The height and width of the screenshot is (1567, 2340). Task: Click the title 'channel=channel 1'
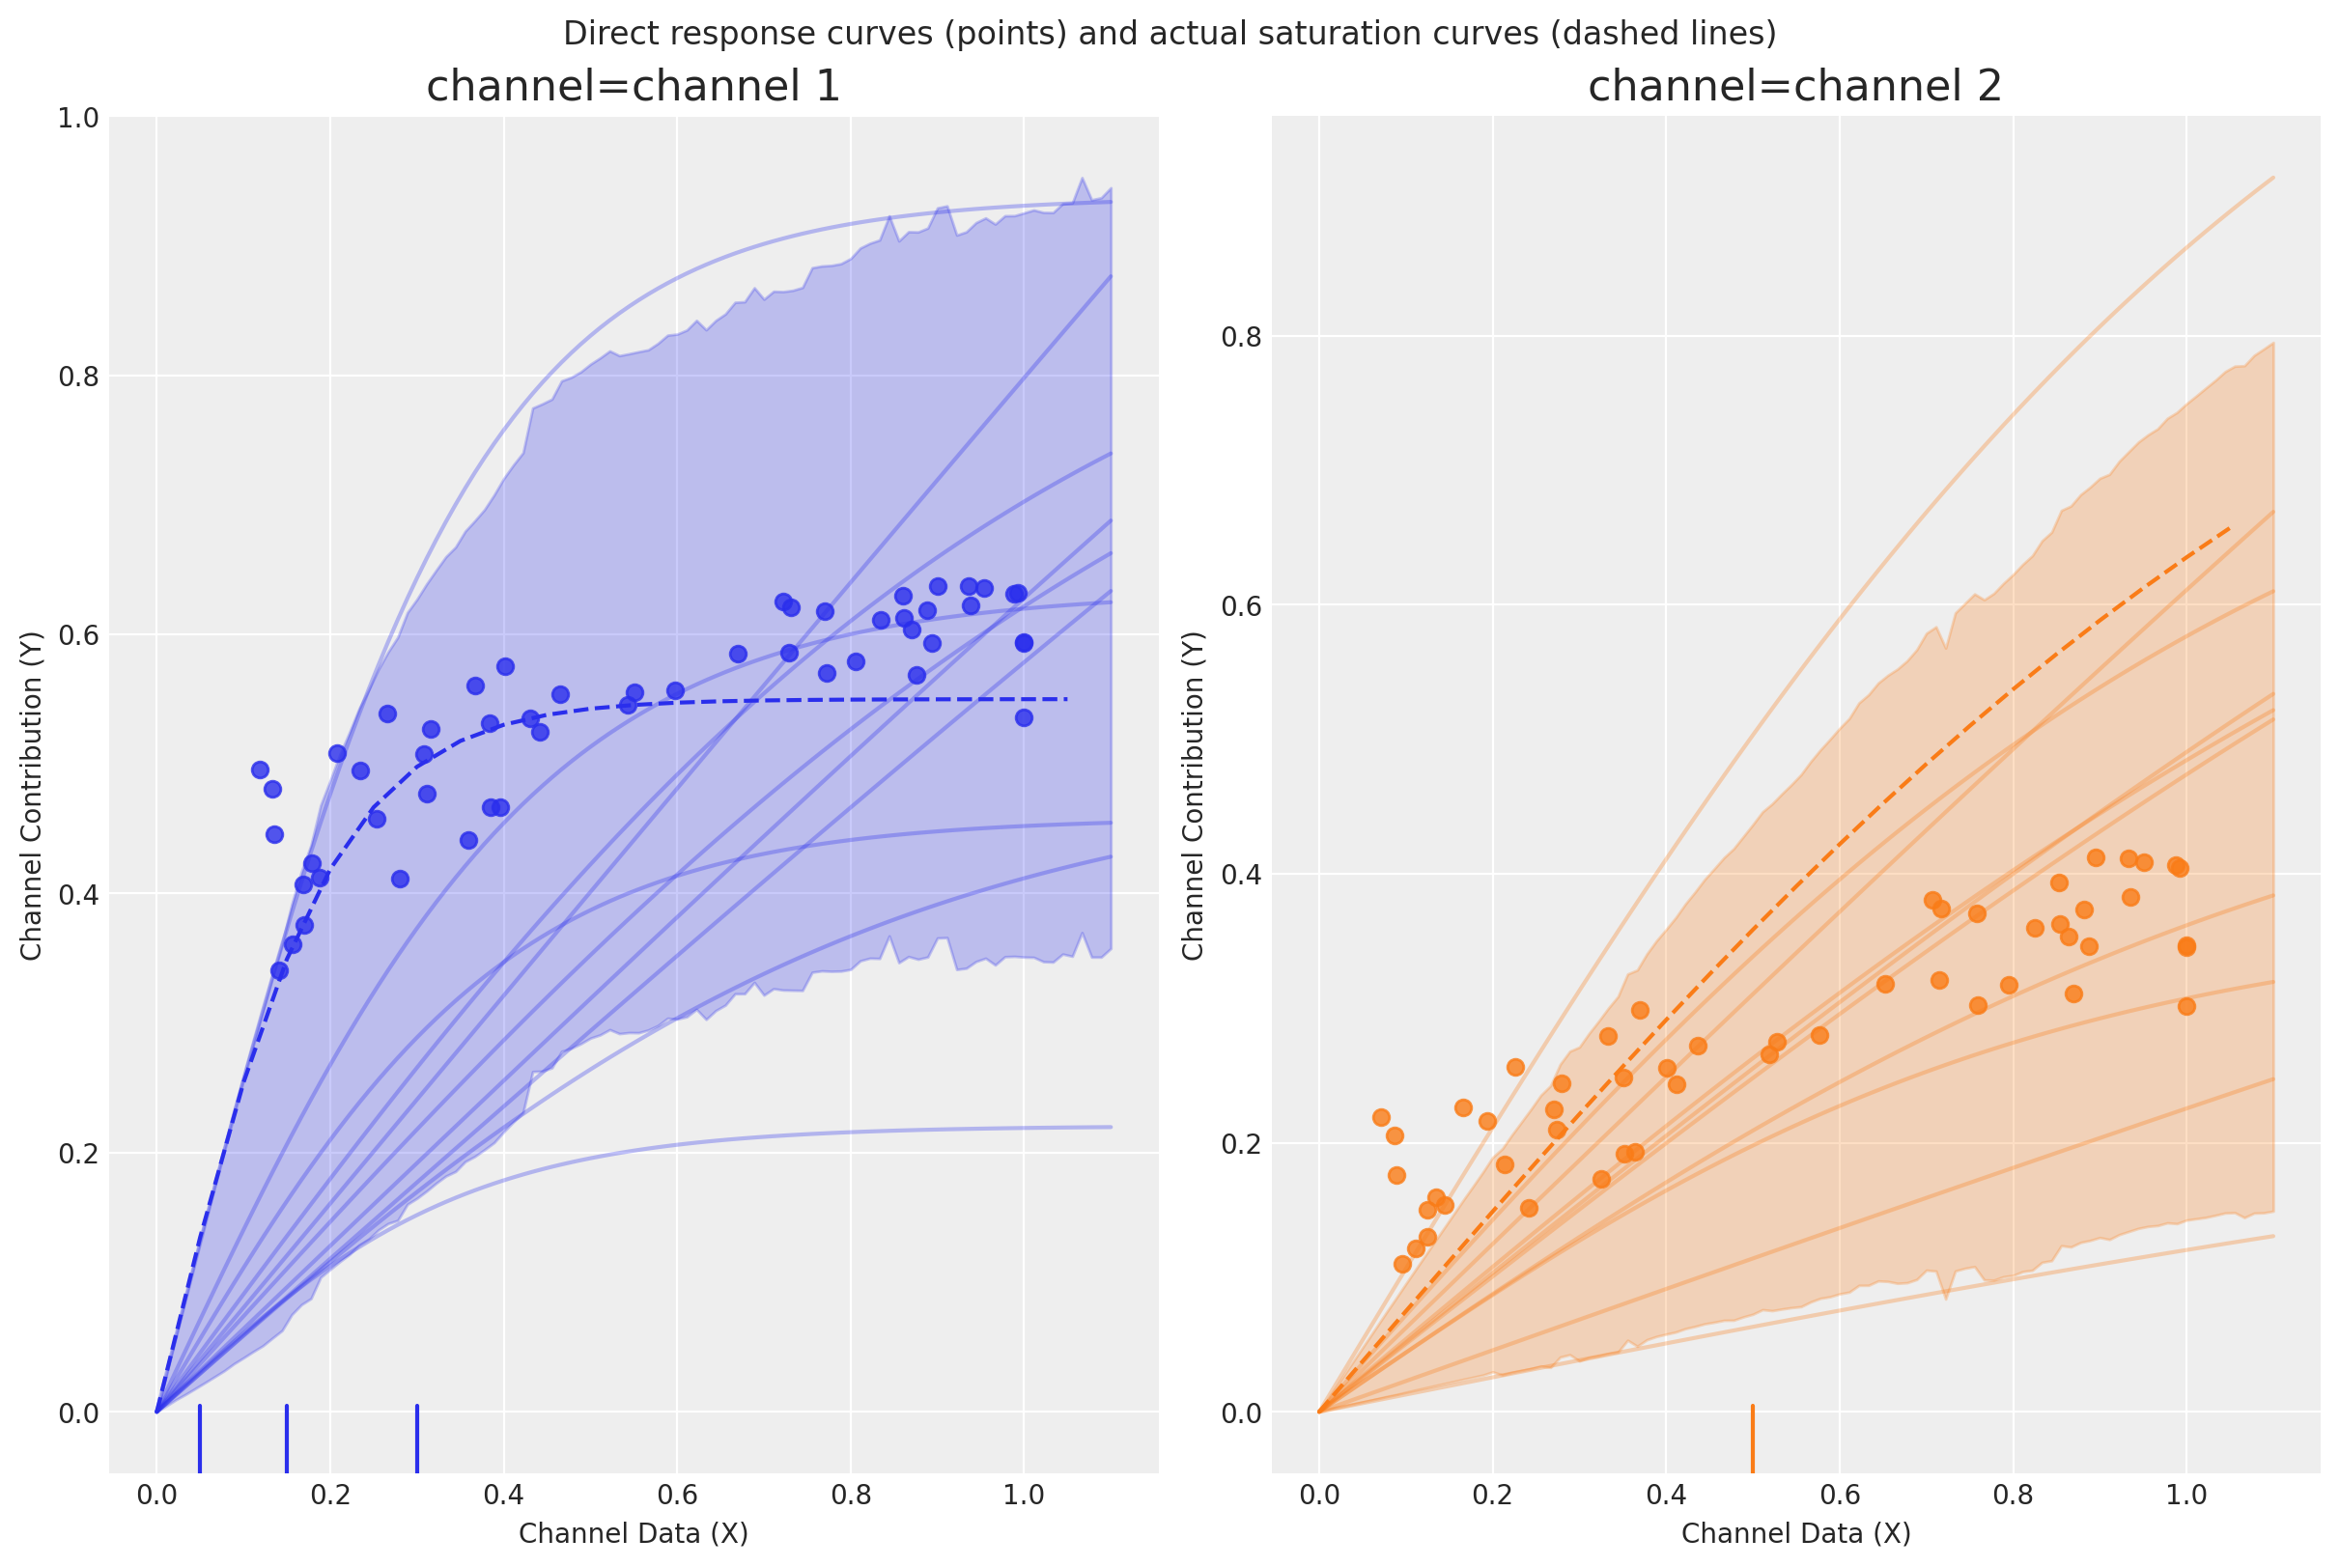[x=633, y=87]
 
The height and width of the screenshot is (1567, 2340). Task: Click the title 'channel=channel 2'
[x=1794, y=87]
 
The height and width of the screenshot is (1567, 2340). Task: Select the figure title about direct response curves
[x=1170, y=33]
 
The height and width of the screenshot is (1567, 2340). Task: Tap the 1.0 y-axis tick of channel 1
[x=78, y=118]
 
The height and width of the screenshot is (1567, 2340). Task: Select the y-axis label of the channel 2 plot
[x=1194, y=796]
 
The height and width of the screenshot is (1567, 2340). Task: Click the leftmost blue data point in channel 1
[x=260, y=770]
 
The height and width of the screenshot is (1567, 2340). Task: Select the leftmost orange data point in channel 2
[x=1381, y=1117]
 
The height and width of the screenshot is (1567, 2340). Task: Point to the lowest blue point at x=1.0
[x=1024, y=717]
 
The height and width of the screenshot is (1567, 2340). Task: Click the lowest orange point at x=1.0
[x=2186, y=1006]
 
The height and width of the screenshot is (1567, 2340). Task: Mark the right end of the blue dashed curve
[x=1067, y=699]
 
